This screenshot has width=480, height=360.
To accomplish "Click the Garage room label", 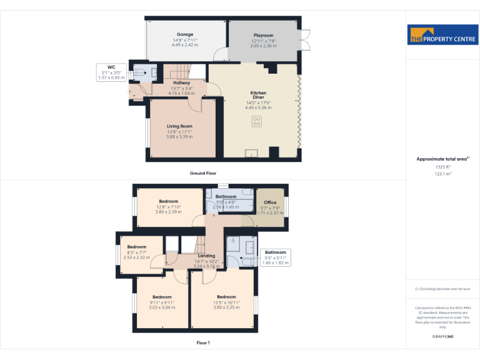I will click(184, 34).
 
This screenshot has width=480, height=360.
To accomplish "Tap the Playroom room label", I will click(264, 35).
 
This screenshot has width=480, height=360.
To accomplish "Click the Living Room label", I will click(179, 126).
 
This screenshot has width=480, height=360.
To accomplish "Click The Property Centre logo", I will click(442, 35).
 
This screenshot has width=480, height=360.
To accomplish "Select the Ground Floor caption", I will click(203, 173).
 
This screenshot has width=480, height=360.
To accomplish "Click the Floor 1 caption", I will click(203, 343).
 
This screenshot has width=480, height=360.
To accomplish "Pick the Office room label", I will click(270, 202).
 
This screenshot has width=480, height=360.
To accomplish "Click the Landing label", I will click(206, 256).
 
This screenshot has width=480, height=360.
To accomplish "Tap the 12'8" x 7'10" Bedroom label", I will click(168, 202).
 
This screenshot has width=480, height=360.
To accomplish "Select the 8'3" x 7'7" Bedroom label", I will click(137, 247).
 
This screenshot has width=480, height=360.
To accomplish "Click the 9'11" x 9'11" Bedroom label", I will click(162, 297).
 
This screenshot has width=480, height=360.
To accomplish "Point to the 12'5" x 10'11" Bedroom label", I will click(226, 297).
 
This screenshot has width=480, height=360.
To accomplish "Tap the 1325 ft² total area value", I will click(442, 167).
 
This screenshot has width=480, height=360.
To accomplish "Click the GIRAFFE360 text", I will click(442, 337).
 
